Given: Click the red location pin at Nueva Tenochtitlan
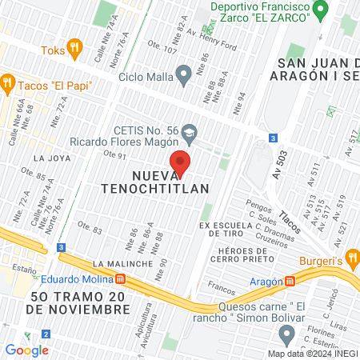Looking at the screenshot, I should pyautogui.click(x=182, y=162).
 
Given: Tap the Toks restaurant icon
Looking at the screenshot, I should pyautogui.click(x=75, y=49).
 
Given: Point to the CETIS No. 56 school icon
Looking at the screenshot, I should pyautogui.click(x=190, y=130).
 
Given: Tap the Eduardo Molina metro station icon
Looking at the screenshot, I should pyautogui.click(x=121, y=279).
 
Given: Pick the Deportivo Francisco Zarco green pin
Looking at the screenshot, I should pyautogui.click(x=321, y=10).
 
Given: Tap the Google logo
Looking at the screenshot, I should pyautogui.click(x=26, y=350).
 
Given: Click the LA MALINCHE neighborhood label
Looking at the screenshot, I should pyautogui.click(x=122, y=263).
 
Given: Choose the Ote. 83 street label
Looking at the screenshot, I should pyautogui.click(x=88, y=230).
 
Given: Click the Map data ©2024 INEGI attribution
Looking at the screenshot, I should pyautogui.click(x=312, y=353).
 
